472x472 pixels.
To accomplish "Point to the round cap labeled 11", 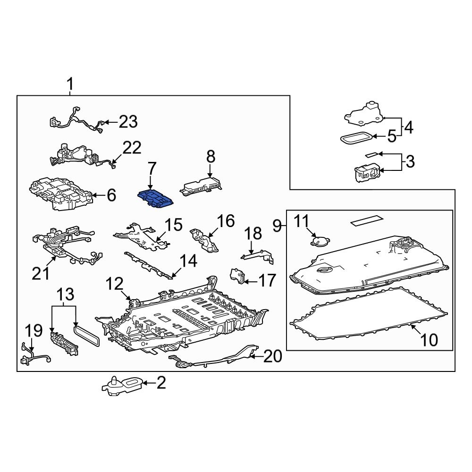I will (320, 241).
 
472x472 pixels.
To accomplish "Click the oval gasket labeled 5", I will (355, 138).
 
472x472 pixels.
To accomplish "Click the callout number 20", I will (272, 356).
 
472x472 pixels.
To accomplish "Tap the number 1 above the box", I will (70, 85).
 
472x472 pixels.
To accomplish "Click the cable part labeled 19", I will (35, 355).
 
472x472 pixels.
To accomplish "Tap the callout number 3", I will (410, 162).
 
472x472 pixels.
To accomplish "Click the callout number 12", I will (114, 284).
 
